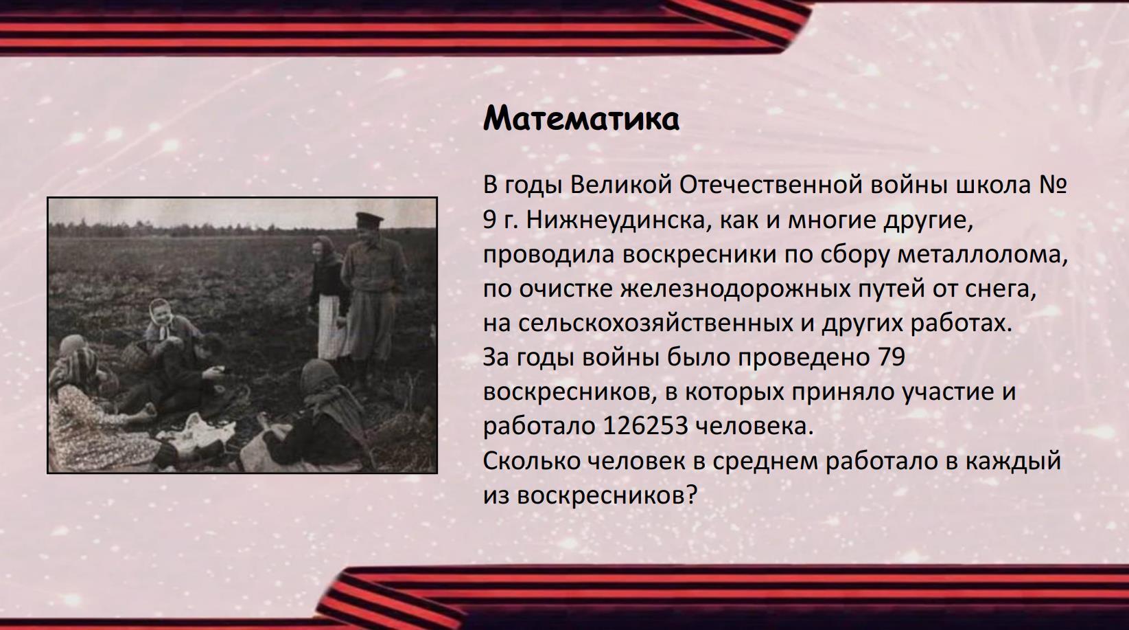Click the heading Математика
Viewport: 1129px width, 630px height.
[581, 119]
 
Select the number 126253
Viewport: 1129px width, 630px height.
[645, 426]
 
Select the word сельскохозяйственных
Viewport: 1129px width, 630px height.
[655, 324]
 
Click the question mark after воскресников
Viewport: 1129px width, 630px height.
[691, 495]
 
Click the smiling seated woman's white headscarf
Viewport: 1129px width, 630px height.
[162, 318]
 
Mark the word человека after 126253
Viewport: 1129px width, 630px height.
[754, 426]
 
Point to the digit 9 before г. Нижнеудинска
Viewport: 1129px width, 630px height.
[489, 221]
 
